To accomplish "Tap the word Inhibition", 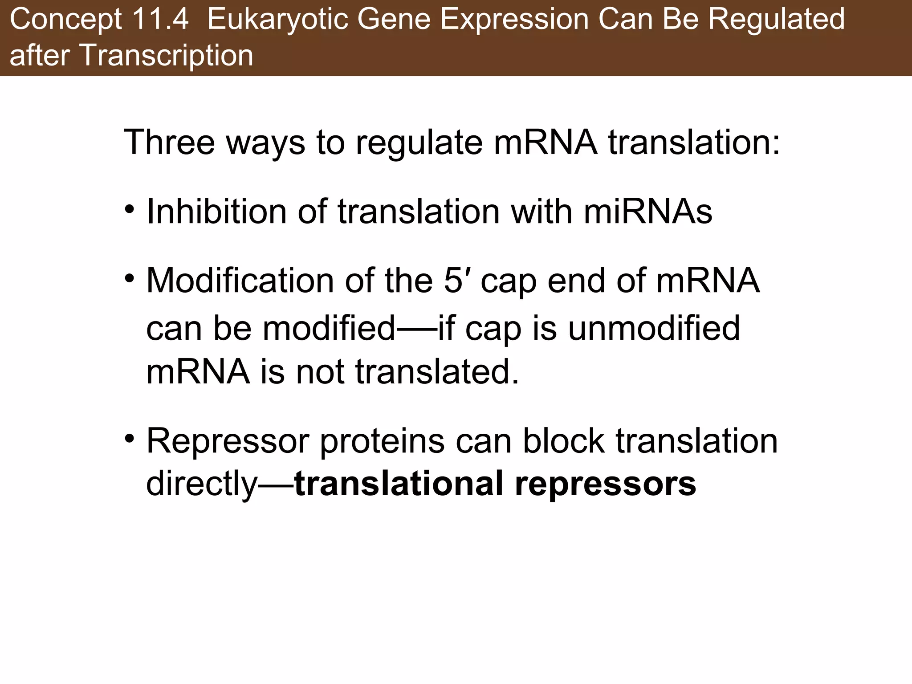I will pos(216,211).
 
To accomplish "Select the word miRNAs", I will pos(648,211).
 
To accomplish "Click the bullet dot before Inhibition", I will pos(130,209).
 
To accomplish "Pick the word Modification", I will pos(240,281).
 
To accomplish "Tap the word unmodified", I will pos(654,328).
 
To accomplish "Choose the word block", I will pos(564,441).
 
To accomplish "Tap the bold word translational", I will pos(399,484).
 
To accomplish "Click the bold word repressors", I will pos(605,484).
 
